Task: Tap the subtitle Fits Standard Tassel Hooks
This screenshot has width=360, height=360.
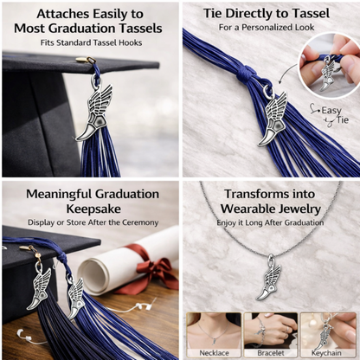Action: (88, 43)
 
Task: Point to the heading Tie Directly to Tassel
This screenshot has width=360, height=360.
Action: (269, 14)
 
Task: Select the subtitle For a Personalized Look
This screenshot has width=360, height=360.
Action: (268, 29)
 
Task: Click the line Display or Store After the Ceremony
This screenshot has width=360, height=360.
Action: (88, 222)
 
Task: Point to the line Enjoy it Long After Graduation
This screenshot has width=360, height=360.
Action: (269, 222)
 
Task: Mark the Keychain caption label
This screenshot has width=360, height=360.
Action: (329, 352)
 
